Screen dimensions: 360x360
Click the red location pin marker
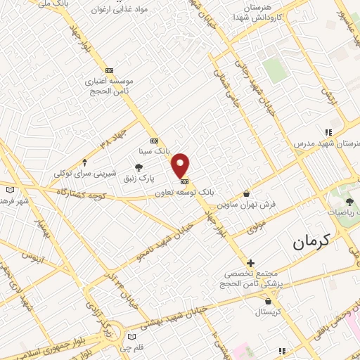181,165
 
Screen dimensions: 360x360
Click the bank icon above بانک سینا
154,140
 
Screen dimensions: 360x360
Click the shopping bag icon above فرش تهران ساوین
246,193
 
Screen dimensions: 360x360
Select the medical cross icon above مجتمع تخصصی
250,263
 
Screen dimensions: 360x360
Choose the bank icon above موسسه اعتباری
109,70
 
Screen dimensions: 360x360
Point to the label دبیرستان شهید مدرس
330,143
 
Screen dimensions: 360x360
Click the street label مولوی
256,226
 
